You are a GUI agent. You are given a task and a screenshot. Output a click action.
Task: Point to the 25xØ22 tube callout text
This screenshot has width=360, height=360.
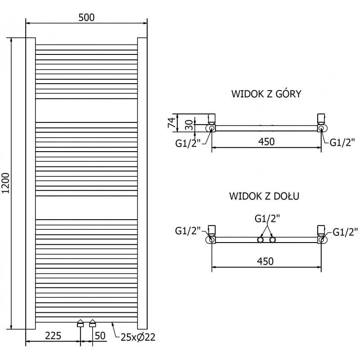click(x=136, y=337)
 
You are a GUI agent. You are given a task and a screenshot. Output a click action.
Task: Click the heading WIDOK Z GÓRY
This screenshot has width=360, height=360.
click(x=266, y=94)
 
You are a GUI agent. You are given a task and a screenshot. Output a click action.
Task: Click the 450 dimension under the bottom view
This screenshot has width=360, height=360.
click(x=265, y=261)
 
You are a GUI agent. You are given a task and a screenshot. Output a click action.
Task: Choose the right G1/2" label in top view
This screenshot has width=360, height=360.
click(x=342, y=143)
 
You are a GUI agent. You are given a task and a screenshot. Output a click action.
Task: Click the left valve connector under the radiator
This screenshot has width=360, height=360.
click(x=80, y=323)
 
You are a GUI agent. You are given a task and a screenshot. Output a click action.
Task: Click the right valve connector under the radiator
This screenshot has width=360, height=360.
click(x=93, y=323)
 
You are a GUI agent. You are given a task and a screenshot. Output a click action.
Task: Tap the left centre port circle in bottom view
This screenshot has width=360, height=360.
click(x=260, y=240)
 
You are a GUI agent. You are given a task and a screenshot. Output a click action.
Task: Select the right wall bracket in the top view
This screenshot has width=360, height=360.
click(x=321, y=118)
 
